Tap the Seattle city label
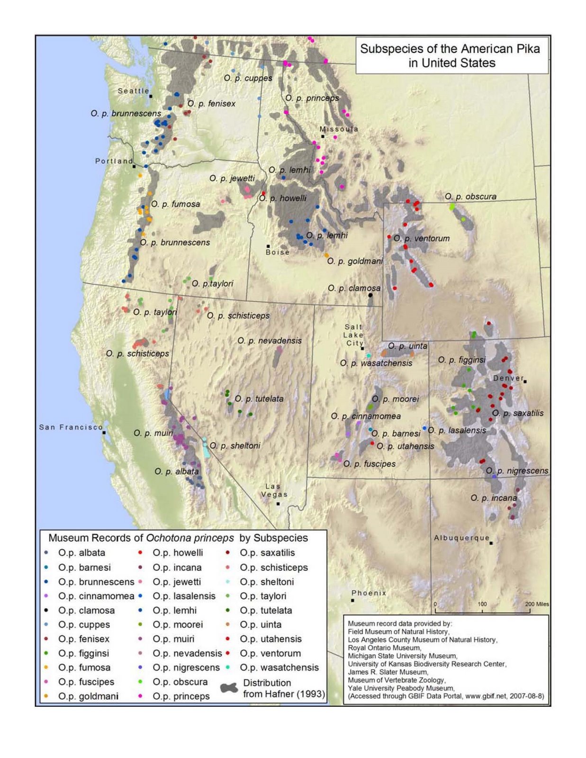(x=133, y=91)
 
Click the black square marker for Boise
(x=268, y=246)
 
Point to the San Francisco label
(x=71, y=427)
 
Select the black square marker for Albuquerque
(x=491, y=543)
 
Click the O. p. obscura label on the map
(x=470, y=197)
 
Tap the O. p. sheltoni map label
(x=235, y=446)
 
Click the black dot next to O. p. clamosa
(x=370, y=295)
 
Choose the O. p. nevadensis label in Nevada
(x=269, y=341)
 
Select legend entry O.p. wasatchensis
(x=279, y=668)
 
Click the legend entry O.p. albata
(x=81, y=553)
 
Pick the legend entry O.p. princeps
(x=181, y=696)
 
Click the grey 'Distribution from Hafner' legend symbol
(x=230, y=689)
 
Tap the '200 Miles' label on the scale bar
(x=537, y=604)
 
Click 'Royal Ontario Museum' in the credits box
(x=384, y=648)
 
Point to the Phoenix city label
(x=369, y=593)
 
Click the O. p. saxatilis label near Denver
(x=518, y=413)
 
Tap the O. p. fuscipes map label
(x=369, y=464)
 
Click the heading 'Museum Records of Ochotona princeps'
(x=141, y=538)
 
